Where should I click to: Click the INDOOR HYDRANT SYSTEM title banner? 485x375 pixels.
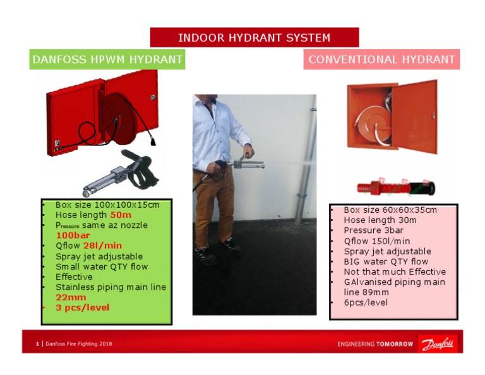coord(254,37)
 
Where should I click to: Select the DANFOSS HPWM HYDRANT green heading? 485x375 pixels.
coord(107,60)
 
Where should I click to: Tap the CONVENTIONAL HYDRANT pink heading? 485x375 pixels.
coord(381,60)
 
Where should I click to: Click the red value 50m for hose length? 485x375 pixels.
coord(121,215)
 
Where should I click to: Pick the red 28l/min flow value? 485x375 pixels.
coord(102,246)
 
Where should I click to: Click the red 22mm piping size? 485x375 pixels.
coord(71,297)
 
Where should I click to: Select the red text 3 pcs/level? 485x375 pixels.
coord(82,307)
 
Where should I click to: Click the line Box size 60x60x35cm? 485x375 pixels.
coord(390,210)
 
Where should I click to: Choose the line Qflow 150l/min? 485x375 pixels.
coord(376,241)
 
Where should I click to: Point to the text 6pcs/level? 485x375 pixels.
coord(366,302)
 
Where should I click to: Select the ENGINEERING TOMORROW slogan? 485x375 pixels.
coord(375,344)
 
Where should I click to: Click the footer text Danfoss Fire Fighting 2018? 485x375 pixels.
coord(79,344)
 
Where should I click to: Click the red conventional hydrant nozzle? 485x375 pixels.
coord(393,187)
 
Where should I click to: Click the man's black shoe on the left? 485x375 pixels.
coord(205,255)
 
